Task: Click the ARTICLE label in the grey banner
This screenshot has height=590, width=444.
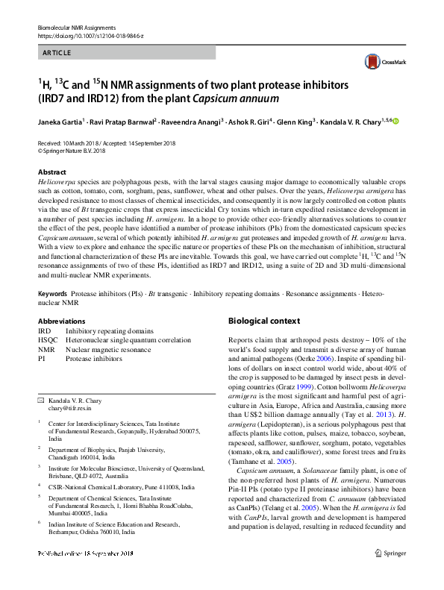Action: point(57,52)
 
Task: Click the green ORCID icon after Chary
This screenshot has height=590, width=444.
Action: point(395,121)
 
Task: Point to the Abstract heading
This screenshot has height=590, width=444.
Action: point(51,172)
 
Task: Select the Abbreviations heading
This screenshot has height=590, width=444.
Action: point(61,321)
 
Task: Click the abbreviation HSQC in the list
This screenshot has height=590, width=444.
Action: point(49,339)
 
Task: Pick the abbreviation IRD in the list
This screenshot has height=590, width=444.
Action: point(45,330)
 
